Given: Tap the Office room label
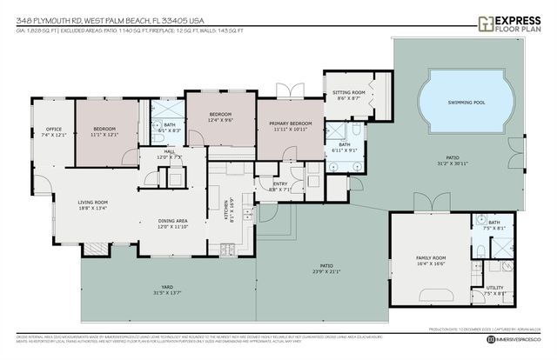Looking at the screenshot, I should tap(53, 130).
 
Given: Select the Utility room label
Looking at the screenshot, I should tap(494, 288).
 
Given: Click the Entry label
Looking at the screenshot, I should tap(280, 184).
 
